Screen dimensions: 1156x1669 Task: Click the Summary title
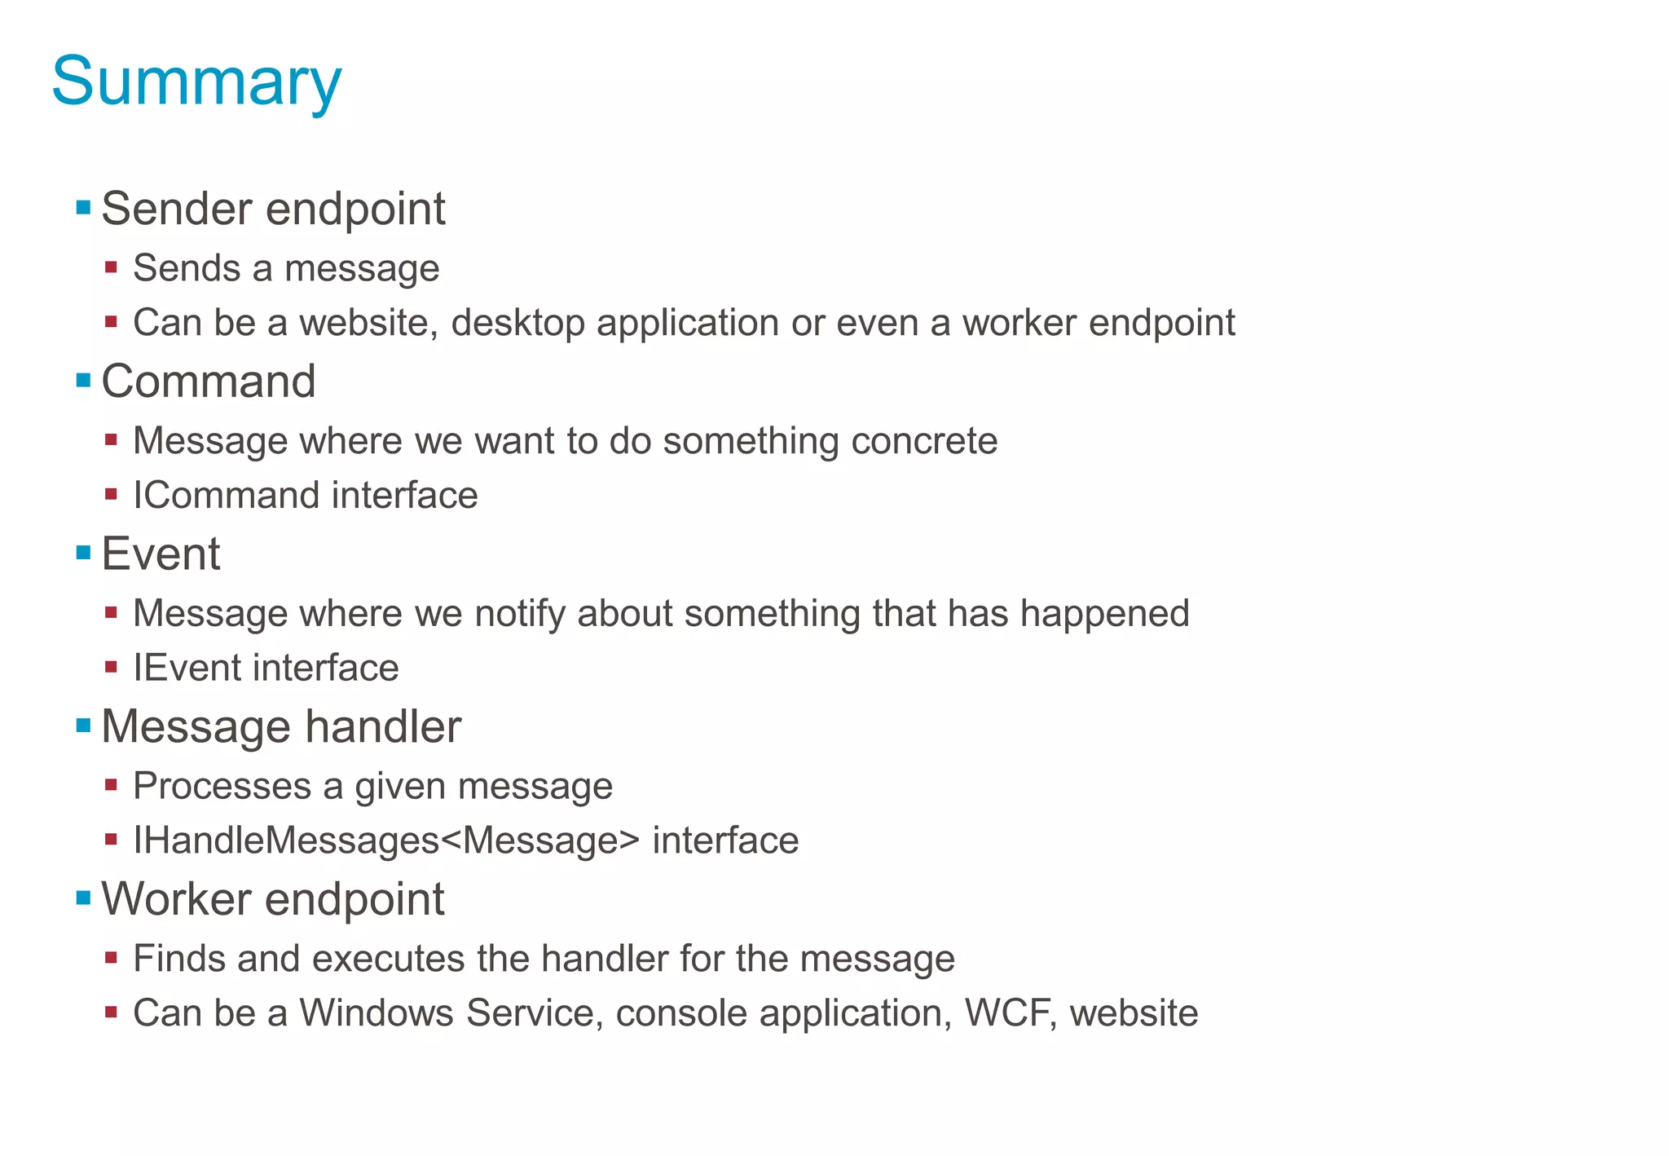[196, 82]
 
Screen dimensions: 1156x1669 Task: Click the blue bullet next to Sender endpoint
[83, 207]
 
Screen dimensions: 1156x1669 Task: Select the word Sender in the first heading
[177, 209]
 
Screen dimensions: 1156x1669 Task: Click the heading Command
[209, 382]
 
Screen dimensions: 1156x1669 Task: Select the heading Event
[161, 554]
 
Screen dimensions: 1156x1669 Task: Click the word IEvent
[187, 668]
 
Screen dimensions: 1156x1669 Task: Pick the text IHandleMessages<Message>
[386, 841]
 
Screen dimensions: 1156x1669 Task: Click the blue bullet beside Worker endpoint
[83, 898]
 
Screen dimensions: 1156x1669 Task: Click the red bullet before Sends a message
[112, 267]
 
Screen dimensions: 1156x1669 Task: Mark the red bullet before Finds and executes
[112, 957]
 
